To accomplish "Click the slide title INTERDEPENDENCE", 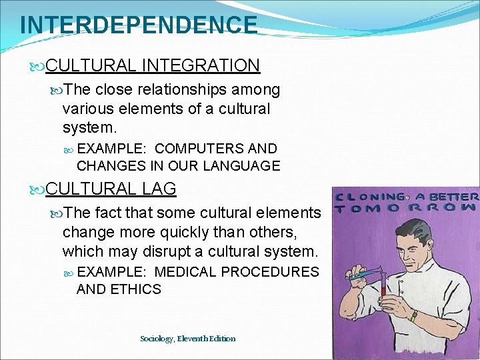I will click(138, 25).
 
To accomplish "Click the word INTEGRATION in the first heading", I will click(201, 65).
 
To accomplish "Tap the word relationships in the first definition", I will click(187, 89).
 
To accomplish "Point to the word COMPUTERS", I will click(189, 149).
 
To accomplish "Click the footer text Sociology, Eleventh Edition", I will click(187, 339).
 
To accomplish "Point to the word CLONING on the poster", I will click(373, 197).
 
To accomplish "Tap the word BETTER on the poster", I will click(455, 197).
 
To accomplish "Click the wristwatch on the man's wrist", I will click(414, 317).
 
